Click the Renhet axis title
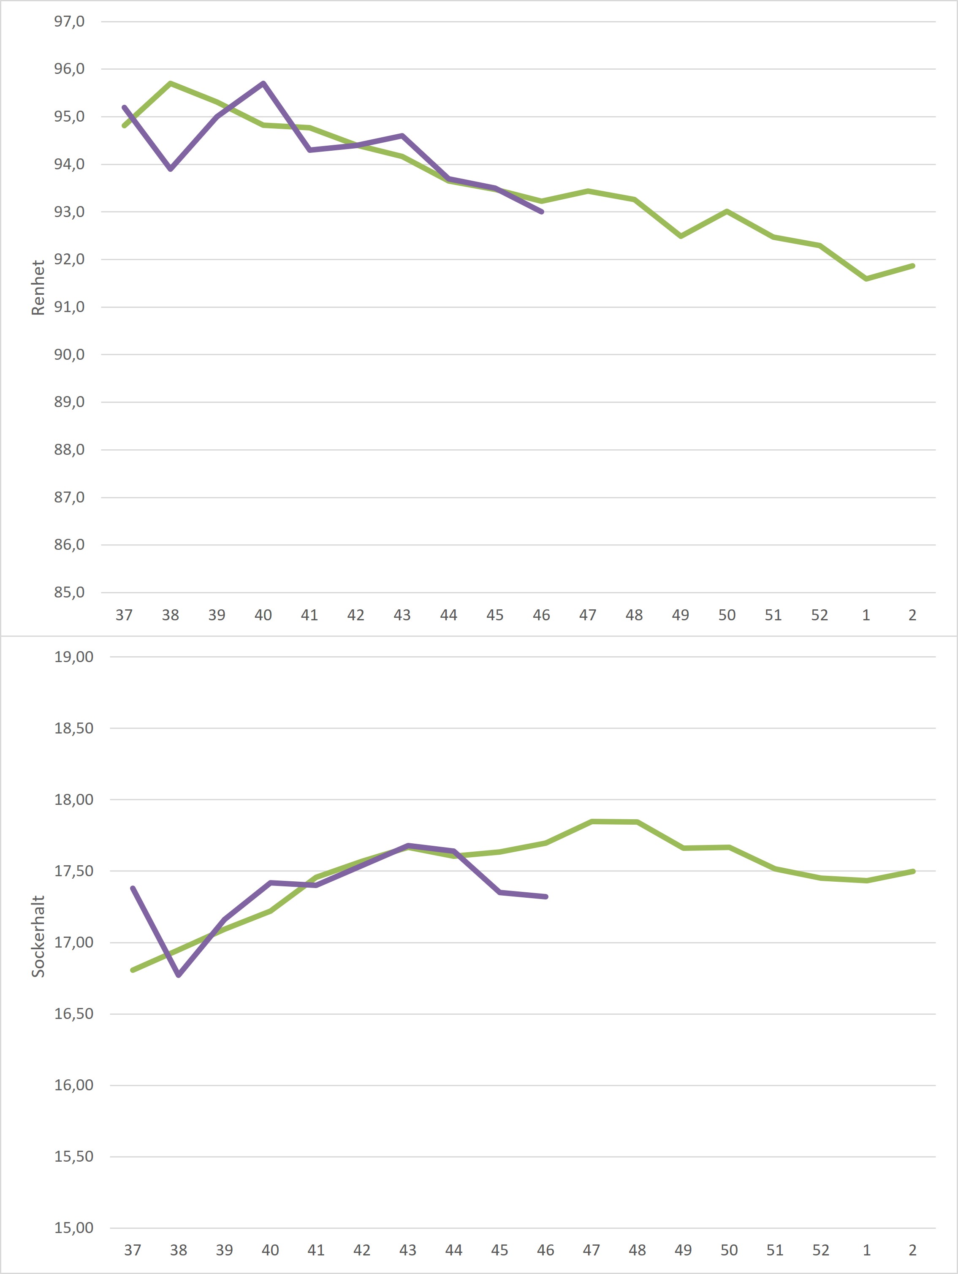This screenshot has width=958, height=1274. pos(38,288)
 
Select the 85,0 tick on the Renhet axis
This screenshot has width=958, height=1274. pos(69,592)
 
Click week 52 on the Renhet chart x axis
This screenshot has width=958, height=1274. pos(819,615)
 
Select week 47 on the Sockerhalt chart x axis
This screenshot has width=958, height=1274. pos(591,1250)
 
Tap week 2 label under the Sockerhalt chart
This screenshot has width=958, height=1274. pos(912,1250)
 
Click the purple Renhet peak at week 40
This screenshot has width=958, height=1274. pos(263,84)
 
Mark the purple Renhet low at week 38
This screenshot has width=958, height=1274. pos(171,169)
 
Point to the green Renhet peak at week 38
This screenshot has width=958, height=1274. pos(171,84)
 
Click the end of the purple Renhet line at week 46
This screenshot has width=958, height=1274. pos(541,212)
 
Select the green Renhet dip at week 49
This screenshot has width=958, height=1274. pos(681,236)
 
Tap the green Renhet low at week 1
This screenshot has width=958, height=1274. pos(866,279)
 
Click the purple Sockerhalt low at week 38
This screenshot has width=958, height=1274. pos(179,975)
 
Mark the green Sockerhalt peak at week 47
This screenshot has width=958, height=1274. pos(591,821)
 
